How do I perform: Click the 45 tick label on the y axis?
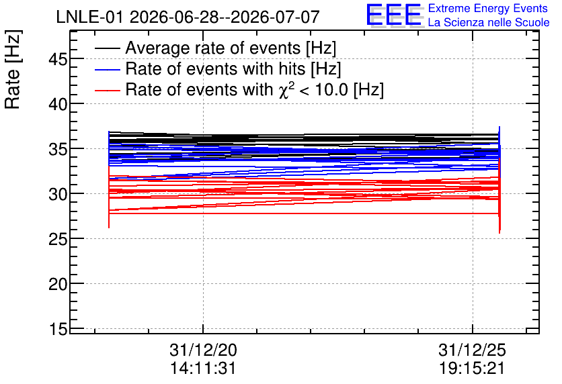pyautogui.click(x=58, y=59)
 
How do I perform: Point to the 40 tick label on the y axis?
pyautogui.click(x=58, y=104)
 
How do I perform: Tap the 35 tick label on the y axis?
pyautogui.click(x=58, y=149)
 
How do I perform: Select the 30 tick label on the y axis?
pyautogui.click(x=58, y=194)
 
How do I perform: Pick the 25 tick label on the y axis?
pyautogui.click(x=58, y=239)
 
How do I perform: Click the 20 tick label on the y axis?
pyautogui.click(x=58, y=284)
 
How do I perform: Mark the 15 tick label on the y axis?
pyautogui.click(x=58, y=329)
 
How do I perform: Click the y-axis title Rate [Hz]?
pyautogui.click(x=13, y=69)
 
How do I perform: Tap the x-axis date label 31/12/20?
pyautogui.click(x=203, y=350)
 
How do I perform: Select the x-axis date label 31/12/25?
pyautogui.click(x=472, y=350)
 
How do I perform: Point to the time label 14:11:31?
pyautogui.click(x=203, y=368)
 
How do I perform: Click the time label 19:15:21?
pyautogui.click(x=472, y=368)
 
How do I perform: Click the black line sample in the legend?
pyautogui.click(x=107, y=48)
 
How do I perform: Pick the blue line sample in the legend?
pyautogui.click(x=107, y=69)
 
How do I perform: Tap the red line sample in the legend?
pyautogui.click(x=107, y=90)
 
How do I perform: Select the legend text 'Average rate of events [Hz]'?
pyautogui.click(x=231, y=48)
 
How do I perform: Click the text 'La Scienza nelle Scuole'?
pyautogui.click(x=489, y=22)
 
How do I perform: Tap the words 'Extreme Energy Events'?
pyautogui.click(x=488, y=8)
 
